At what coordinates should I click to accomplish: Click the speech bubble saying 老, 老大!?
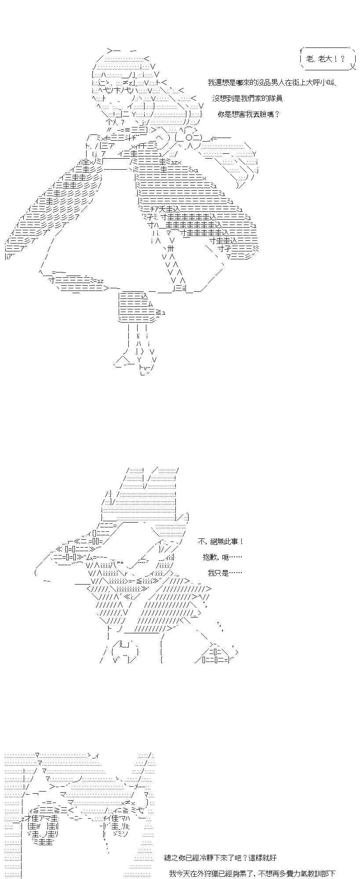(x=327, y=59)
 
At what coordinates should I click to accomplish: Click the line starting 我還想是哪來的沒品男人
(x=272, y=83)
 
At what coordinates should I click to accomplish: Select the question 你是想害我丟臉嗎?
(x=249, y=114)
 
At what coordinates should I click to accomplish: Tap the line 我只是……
(x=225, y=573)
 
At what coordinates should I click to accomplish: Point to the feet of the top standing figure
(x=136, y=363)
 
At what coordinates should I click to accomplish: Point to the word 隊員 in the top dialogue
(x=274, y=98)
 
